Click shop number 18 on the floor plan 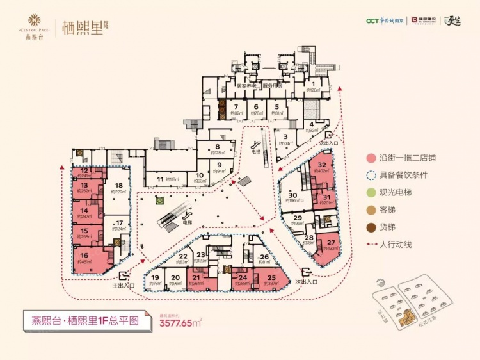tap(118, 187)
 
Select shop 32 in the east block tap(322, 167)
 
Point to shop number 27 tap(331, 244)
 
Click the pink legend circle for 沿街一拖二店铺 tap(371, 158)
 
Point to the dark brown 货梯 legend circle tap(371, 227)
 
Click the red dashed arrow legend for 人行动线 tap(371, 244)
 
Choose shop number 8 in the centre tap(218, 148)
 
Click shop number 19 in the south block tap(154, 279)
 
